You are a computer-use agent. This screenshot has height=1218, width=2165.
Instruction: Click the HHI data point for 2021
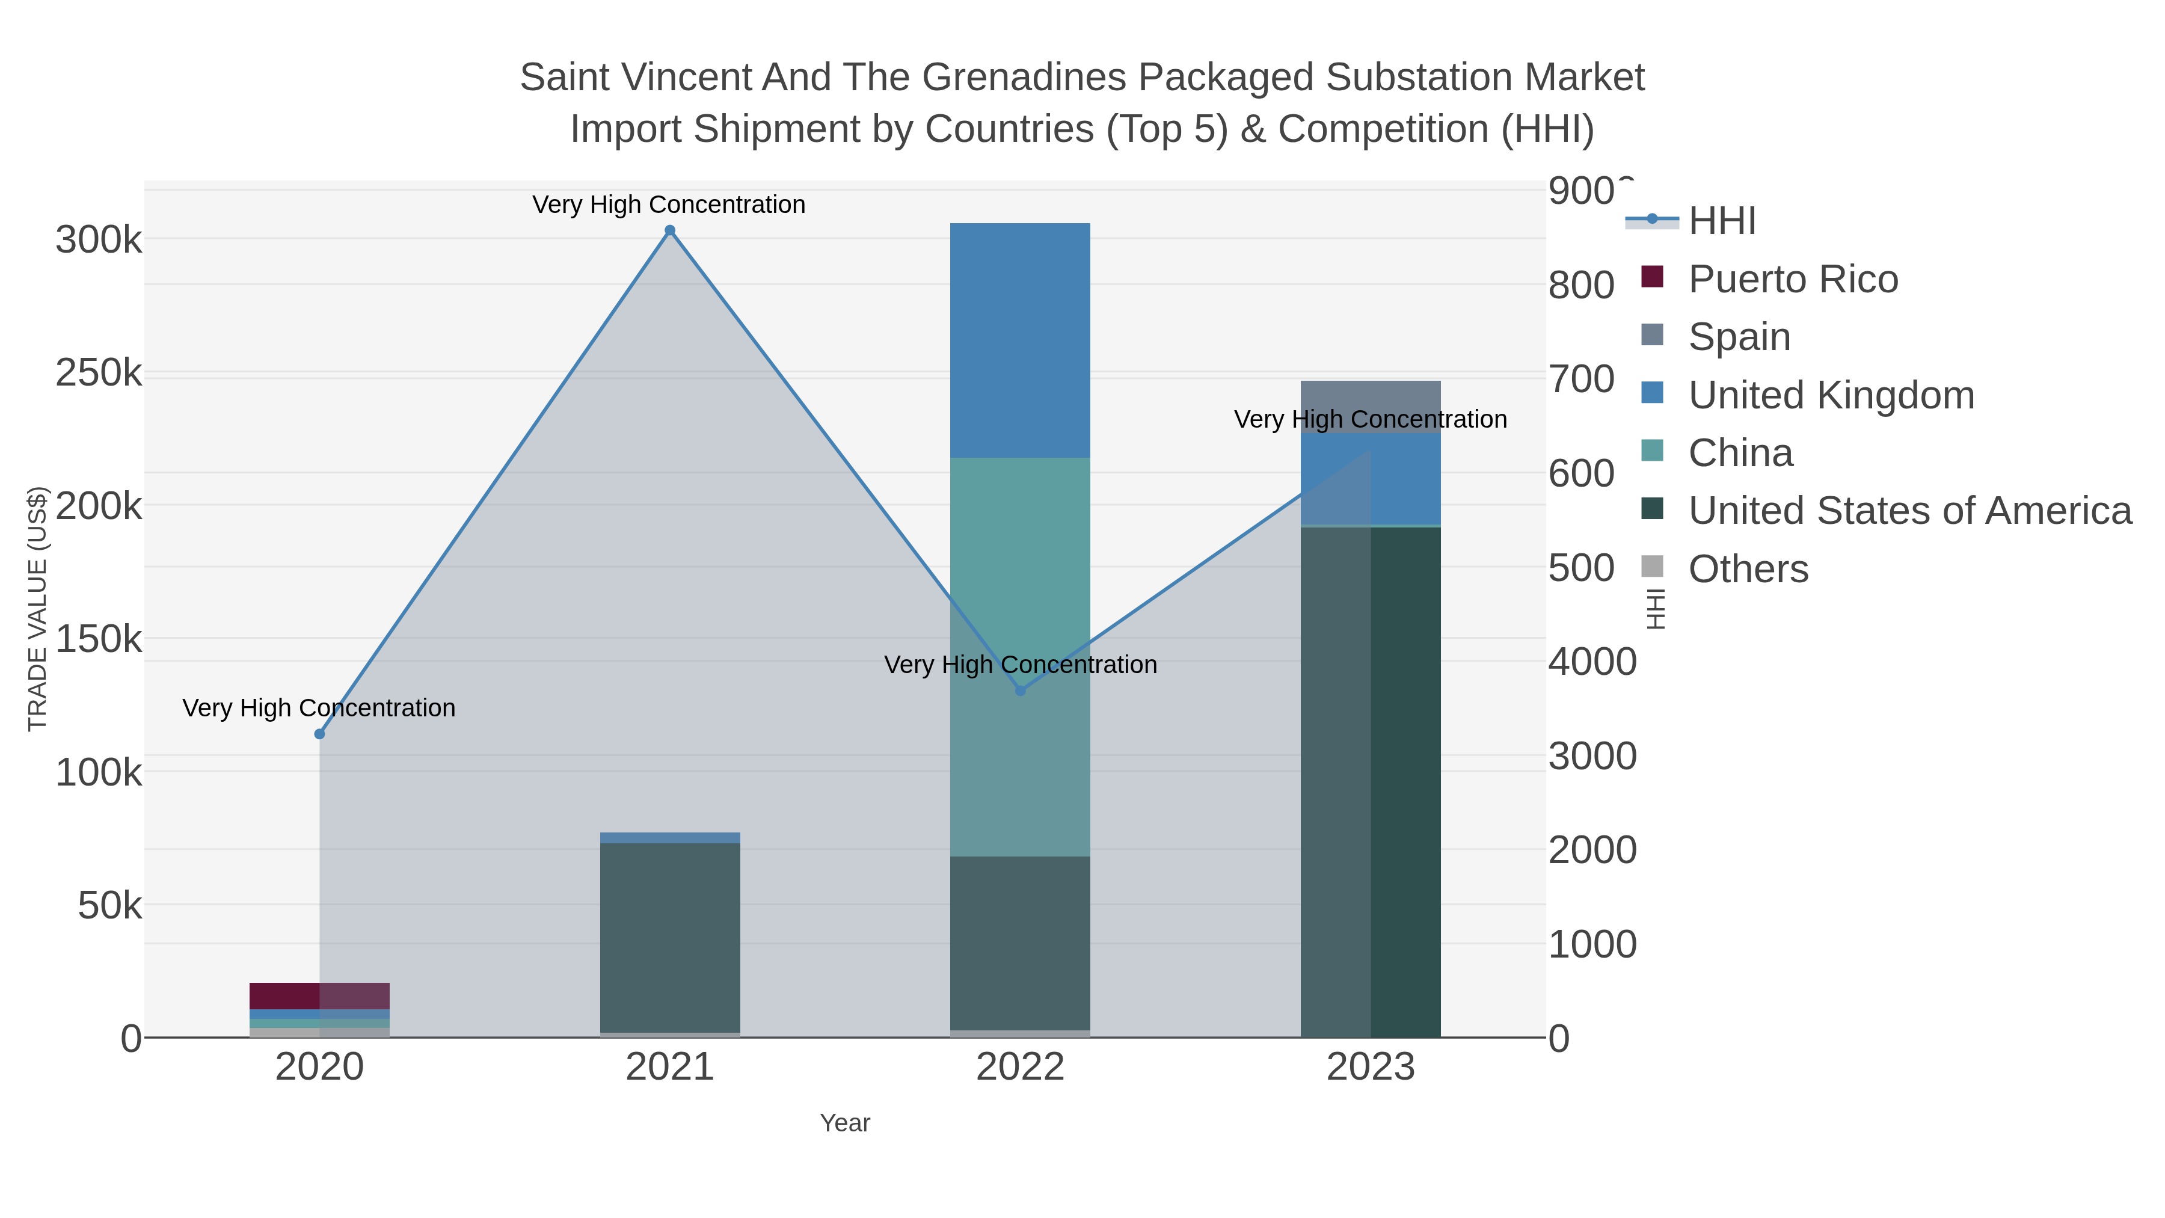(x=670, y=230)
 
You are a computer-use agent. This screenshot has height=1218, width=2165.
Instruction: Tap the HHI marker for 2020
(x=319, y=734)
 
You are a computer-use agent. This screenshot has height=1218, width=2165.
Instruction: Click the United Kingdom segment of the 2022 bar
(x=1021, y=340)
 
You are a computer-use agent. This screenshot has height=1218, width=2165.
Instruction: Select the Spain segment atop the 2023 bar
(x=1371, y=395)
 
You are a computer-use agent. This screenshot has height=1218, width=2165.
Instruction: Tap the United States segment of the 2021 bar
(x=670, y=937)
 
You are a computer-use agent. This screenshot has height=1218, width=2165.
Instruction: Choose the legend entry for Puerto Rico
(x=1793, y=279)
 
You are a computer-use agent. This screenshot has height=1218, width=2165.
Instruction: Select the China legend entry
(x=1740, y=453)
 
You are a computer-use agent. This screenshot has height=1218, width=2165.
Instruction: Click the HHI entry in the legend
(x=1721, y=221)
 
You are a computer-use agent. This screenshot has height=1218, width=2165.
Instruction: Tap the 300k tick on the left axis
(x=99, y=241)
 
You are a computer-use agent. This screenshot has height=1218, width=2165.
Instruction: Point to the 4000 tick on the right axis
(x=1592, y=662)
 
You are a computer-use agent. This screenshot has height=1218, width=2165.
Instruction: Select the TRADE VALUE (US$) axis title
(x=38, y=609)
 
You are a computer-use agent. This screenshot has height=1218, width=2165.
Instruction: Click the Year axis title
(x=845, y=1123)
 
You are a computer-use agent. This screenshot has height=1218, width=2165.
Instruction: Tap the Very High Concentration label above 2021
(x=669, y=205)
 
